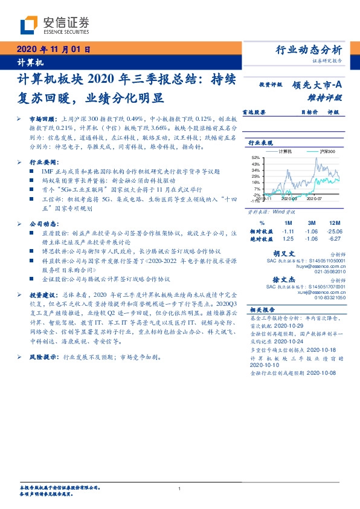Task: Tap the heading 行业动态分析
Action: [x=309, y=50]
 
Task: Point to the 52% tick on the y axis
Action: [x=256, y=157]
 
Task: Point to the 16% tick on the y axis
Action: [x=256, y=182]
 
